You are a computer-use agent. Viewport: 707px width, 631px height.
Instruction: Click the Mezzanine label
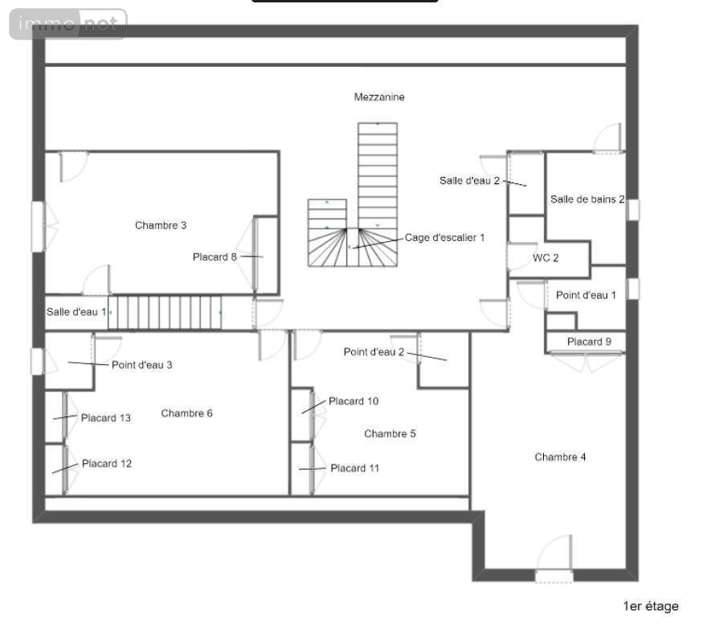click(379, 97)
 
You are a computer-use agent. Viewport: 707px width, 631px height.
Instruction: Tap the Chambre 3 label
click(161, 225)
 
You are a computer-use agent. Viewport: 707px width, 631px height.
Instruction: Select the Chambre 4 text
click(560, 457)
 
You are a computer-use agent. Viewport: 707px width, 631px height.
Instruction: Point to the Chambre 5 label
click(390, 433)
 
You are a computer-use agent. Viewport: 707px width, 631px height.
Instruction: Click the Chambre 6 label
click(186, 413)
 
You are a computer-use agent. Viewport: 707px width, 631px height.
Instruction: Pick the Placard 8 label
click(215, 256)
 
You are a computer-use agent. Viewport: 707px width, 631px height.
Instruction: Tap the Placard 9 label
click(589, 342)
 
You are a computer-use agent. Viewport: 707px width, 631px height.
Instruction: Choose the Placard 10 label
click(353, 401)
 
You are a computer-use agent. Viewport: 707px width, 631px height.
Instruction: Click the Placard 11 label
click(355, 468)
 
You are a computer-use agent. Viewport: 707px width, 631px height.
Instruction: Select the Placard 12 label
click(107, 463)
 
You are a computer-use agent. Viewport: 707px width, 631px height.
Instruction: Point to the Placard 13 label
click(106, 418)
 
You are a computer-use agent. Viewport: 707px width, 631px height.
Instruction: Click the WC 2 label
click(546, 258)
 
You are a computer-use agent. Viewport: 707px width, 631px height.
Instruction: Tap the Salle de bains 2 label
click(587, 199)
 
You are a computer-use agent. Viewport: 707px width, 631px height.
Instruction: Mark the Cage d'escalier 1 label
click(444, 238)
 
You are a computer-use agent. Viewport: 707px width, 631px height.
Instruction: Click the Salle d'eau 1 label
click(76, 312)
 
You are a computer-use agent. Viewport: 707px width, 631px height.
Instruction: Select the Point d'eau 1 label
click(586, 295)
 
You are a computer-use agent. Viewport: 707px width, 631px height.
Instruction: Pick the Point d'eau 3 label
click(142, 365)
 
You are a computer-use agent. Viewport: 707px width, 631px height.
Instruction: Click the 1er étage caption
click(651, 606)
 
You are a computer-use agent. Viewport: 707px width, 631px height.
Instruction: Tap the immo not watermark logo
click(68, 24)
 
